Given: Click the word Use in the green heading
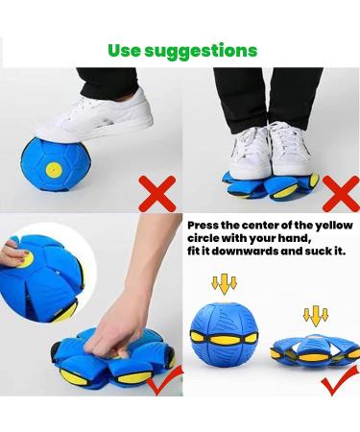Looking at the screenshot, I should pyautogui.click(x=127, y=50).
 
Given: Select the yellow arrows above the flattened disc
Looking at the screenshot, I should pyautogui.click(x=314, y=316).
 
